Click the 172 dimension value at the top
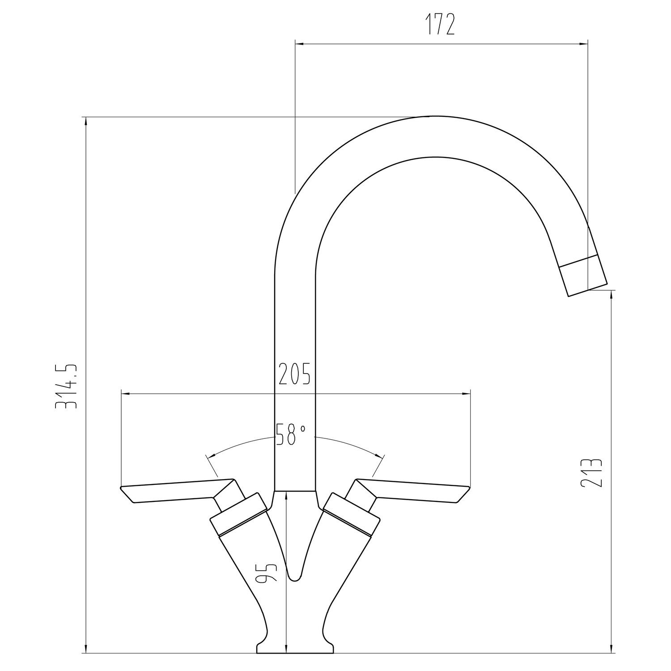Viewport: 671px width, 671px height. coord(439,25)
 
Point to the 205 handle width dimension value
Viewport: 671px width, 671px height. coord(294,374)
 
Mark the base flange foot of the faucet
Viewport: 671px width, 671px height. coord(295,659)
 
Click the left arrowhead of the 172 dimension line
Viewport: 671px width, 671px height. coord(300,44)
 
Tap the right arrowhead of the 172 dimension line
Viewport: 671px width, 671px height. coord(583,44)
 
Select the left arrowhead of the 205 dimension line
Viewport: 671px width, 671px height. coord(126,394)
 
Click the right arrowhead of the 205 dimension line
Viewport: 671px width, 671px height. coord(466,394)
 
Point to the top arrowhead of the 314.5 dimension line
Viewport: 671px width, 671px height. coord(85,122)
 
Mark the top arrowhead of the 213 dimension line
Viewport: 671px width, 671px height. coord(611,295)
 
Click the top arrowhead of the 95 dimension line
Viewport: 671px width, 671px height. coord(286,495)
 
